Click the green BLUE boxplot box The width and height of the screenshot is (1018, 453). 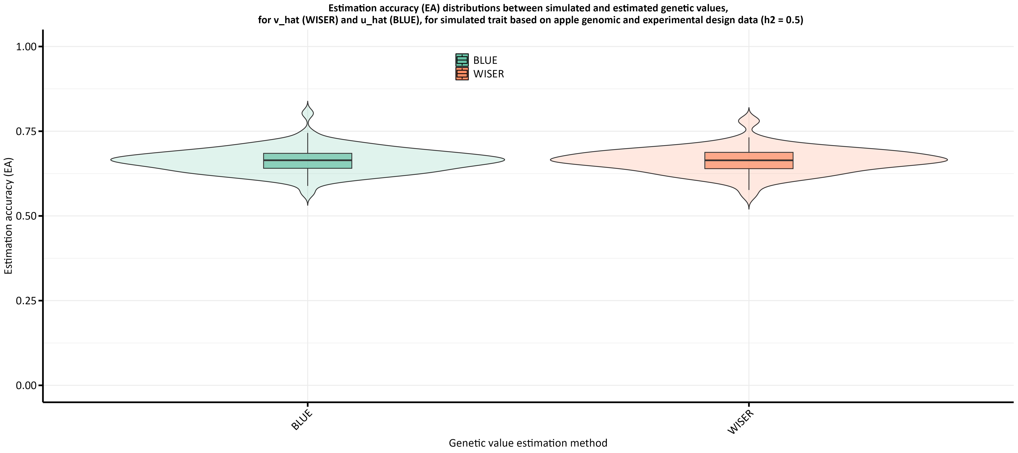tap(307, 161)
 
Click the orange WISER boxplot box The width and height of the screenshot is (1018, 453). tap(748, 161)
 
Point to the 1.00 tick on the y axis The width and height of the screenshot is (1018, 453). tap(26, 47)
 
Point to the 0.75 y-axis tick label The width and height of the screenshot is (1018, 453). tap(26, 131)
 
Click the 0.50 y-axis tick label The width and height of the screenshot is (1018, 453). tap(26, 216)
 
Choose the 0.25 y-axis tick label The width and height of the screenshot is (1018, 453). tap(26, 301)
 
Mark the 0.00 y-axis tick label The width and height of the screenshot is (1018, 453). tap(26, 385)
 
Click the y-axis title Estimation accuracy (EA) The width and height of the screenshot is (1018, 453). tap(9, 216)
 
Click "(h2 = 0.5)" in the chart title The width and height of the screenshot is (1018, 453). tap(782, 20)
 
